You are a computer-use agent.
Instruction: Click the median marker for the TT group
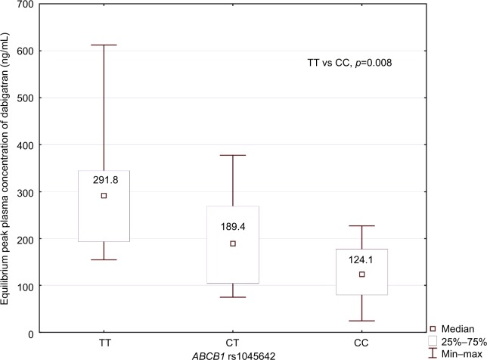[104, 196]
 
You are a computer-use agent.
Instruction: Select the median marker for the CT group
[233, 244]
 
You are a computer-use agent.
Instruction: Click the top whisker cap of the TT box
[104, 45]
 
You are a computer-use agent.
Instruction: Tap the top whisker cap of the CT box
[233, 155]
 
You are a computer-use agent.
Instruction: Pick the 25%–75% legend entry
[456, 342]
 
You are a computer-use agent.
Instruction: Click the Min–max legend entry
[458, 354]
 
